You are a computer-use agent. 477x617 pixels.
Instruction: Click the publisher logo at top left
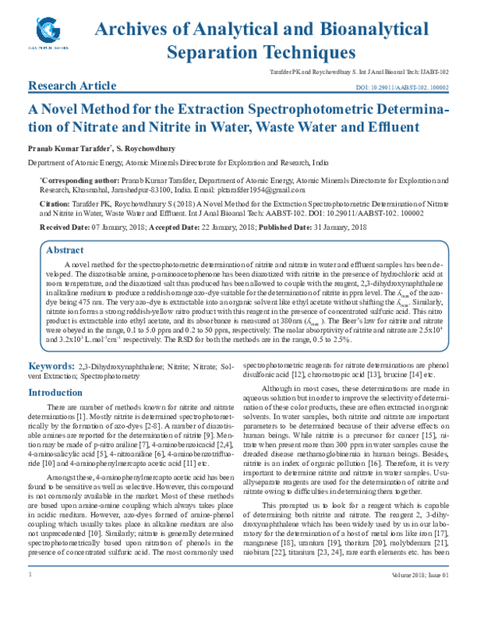pyautogui.click(x=50, y=33)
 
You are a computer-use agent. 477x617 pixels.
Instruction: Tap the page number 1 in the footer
pyautogui.click(x=29, y=596)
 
